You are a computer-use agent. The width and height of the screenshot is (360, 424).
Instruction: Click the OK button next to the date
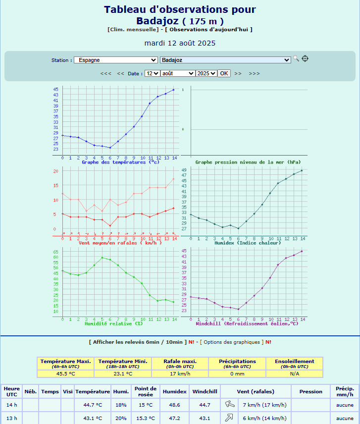click(224, 73)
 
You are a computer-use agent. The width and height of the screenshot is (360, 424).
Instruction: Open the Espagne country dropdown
click(115, 60)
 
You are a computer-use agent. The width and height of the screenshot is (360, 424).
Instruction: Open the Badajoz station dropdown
click(225, 60)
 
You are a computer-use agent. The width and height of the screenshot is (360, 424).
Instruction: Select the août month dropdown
click(177, 73)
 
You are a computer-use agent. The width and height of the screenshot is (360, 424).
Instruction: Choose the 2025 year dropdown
click(206, 73)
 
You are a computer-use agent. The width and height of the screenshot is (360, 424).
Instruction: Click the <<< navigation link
click(105, 73)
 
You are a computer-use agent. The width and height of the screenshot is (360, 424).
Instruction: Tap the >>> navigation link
click(254, 73)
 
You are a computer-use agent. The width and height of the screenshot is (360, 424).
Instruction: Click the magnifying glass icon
click(296, 58)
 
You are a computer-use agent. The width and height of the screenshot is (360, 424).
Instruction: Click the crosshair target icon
click(305, 58)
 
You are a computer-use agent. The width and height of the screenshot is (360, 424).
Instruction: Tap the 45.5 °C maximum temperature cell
click(66, 374)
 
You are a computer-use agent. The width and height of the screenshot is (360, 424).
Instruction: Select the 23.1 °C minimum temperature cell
click(122, 374)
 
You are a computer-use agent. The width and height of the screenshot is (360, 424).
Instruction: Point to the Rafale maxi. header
click(180, 361)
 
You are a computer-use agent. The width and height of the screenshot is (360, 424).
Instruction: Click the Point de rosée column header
click(145, 391)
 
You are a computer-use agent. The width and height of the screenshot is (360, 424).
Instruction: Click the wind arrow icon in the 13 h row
click(230, 418)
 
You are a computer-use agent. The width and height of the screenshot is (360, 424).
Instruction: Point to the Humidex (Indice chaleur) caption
click(247, 243)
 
